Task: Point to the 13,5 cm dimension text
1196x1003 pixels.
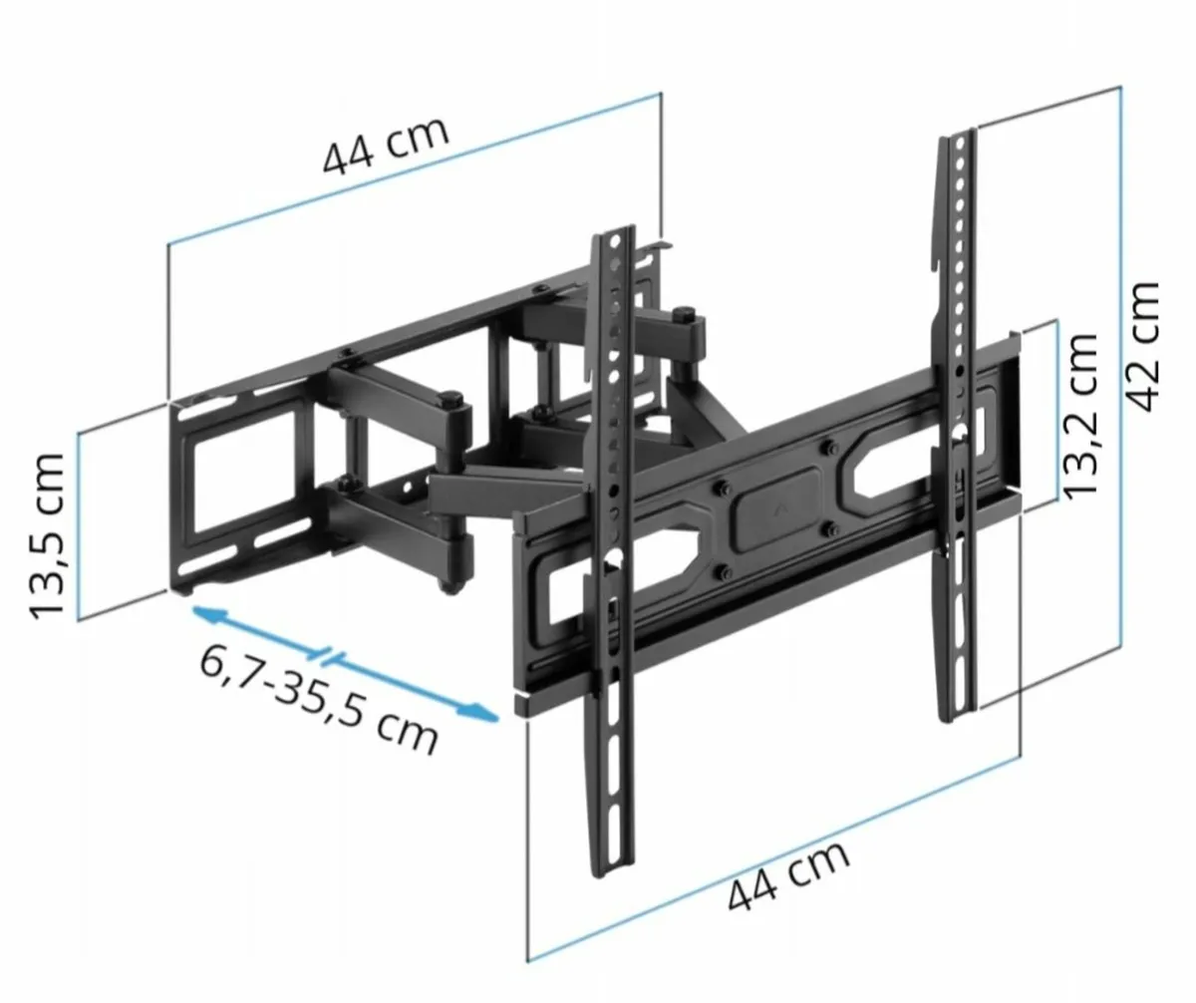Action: pos(48,536)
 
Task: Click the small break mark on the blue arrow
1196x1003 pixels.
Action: pos(329,656)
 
